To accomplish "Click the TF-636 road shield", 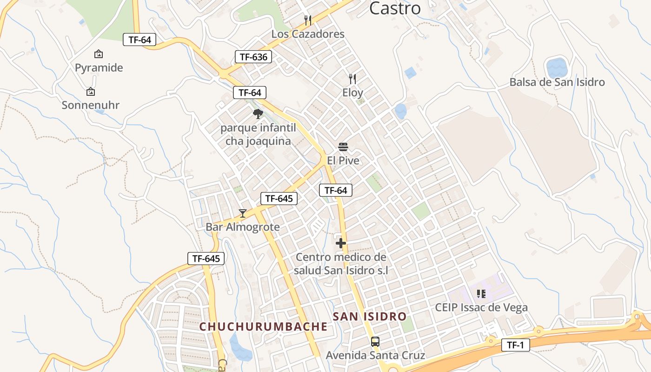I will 253,57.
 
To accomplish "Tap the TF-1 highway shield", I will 515,345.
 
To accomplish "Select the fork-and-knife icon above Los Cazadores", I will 307,20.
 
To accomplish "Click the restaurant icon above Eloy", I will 352,79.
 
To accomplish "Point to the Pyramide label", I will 99,68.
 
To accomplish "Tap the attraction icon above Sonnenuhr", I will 91,92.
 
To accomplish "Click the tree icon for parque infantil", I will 258,114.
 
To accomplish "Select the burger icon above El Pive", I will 343,147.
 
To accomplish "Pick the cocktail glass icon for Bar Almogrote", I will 242,213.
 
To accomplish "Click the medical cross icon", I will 341,243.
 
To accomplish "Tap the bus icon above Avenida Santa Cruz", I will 375,342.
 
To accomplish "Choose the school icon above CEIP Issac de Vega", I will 481,294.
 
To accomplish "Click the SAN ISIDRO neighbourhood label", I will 370,317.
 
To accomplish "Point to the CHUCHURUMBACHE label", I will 263,327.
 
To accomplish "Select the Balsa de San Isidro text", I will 557,82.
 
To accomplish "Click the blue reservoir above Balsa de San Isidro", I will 557,67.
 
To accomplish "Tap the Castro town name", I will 395,8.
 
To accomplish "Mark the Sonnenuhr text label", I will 91,105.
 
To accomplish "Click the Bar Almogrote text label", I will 243,227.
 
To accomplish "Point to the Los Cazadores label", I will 308,34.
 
